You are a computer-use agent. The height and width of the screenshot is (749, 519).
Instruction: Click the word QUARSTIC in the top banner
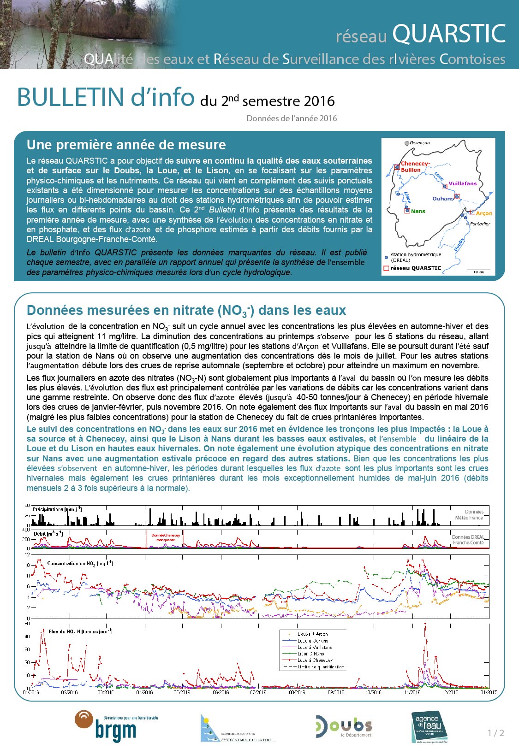[449, 33]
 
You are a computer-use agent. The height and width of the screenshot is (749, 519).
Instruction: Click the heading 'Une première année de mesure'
[126, 145]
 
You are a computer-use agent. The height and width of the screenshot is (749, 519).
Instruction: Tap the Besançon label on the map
[419, 143]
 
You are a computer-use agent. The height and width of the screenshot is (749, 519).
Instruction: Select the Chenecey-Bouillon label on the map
[415, 166]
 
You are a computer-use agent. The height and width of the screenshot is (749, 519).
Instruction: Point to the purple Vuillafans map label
[462, 183]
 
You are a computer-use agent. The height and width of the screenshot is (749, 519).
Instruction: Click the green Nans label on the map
[418, 211]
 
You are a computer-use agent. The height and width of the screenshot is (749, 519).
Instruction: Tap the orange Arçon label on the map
[484, 213]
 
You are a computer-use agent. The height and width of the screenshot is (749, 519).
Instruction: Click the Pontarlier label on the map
[480, 224]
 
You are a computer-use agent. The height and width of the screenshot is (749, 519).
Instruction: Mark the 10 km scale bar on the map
[478, 270]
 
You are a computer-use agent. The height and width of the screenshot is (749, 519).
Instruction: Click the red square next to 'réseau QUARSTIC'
[386, 268]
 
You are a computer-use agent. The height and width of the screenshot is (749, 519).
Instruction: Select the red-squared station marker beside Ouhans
[457, 197]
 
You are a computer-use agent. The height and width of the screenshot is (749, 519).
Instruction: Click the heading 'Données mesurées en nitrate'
[186, 310]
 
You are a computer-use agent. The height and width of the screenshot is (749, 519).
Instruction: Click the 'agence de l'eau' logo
[429, 726]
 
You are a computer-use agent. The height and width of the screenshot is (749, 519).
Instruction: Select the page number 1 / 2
[496, 733]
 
